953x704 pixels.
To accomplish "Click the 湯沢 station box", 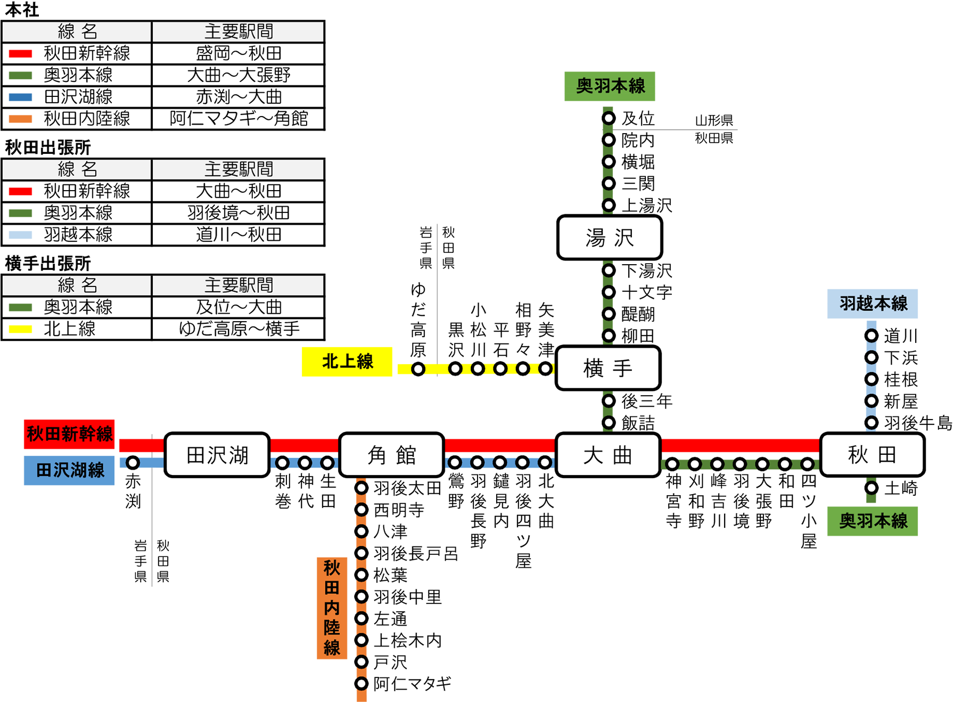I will point(610,238).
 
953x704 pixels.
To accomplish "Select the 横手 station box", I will point(608,368).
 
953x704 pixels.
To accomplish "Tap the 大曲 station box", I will point(608,455).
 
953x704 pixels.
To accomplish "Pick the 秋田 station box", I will point(872,455).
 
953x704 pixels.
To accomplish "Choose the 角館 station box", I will point(391,455).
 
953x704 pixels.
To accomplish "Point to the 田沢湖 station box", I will point(217,455).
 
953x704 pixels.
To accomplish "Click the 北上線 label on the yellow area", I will point(348,361).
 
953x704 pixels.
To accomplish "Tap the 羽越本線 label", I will point(873,303).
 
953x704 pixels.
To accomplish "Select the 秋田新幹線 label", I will point(70,433).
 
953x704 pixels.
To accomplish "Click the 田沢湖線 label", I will point(70,470).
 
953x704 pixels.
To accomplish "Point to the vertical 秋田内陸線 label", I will point(332,607).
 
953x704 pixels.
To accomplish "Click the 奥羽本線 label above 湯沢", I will point(611,85).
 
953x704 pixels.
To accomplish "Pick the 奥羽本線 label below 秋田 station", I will point(873,520).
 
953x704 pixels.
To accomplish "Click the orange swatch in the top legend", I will point(22,119).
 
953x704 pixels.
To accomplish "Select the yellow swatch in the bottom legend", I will point(22,329).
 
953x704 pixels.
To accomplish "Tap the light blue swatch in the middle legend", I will point(22,235).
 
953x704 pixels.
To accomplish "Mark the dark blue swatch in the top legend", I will point(22,97).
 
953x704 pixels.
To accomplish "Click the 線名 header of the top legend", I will point(77,32).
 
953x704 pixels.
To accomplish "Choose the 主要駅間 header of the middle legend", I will point(238,169).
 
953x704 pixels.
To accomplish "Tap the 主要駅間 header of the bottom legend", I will point(238,285).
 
